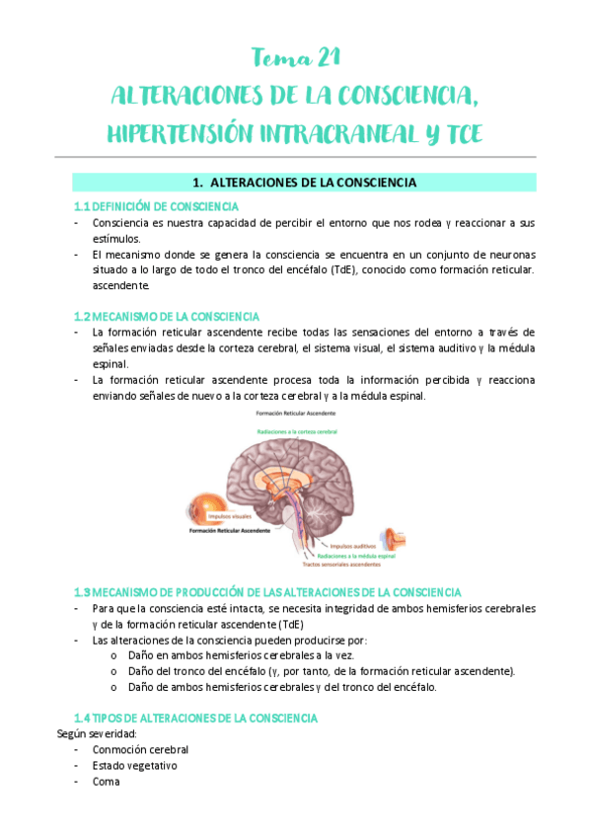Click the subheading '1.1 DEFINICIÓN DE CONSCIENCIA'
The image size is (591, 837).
pos(156,206)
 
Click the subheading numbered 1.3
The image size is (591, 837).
pos(267,593)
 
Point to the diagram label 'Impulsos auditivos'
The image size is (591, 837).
pos(357,544)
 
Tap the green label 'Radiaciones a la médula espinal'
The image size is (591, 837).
pos(348,555)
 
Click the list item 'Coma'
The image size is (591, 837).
pos(106,781)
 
